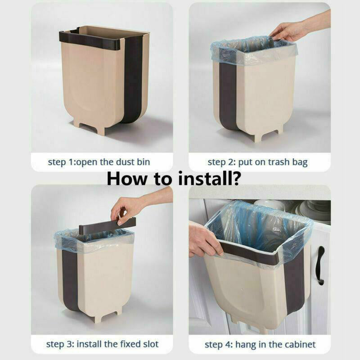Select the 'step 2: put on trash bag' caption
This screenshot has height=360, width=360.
click(x=257, y=162)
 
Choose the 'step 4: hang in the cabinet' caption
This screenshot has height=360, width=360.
click(x=260, y=345)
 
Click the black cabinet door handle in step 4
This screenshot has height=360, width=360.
click(x=320, y=265)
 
